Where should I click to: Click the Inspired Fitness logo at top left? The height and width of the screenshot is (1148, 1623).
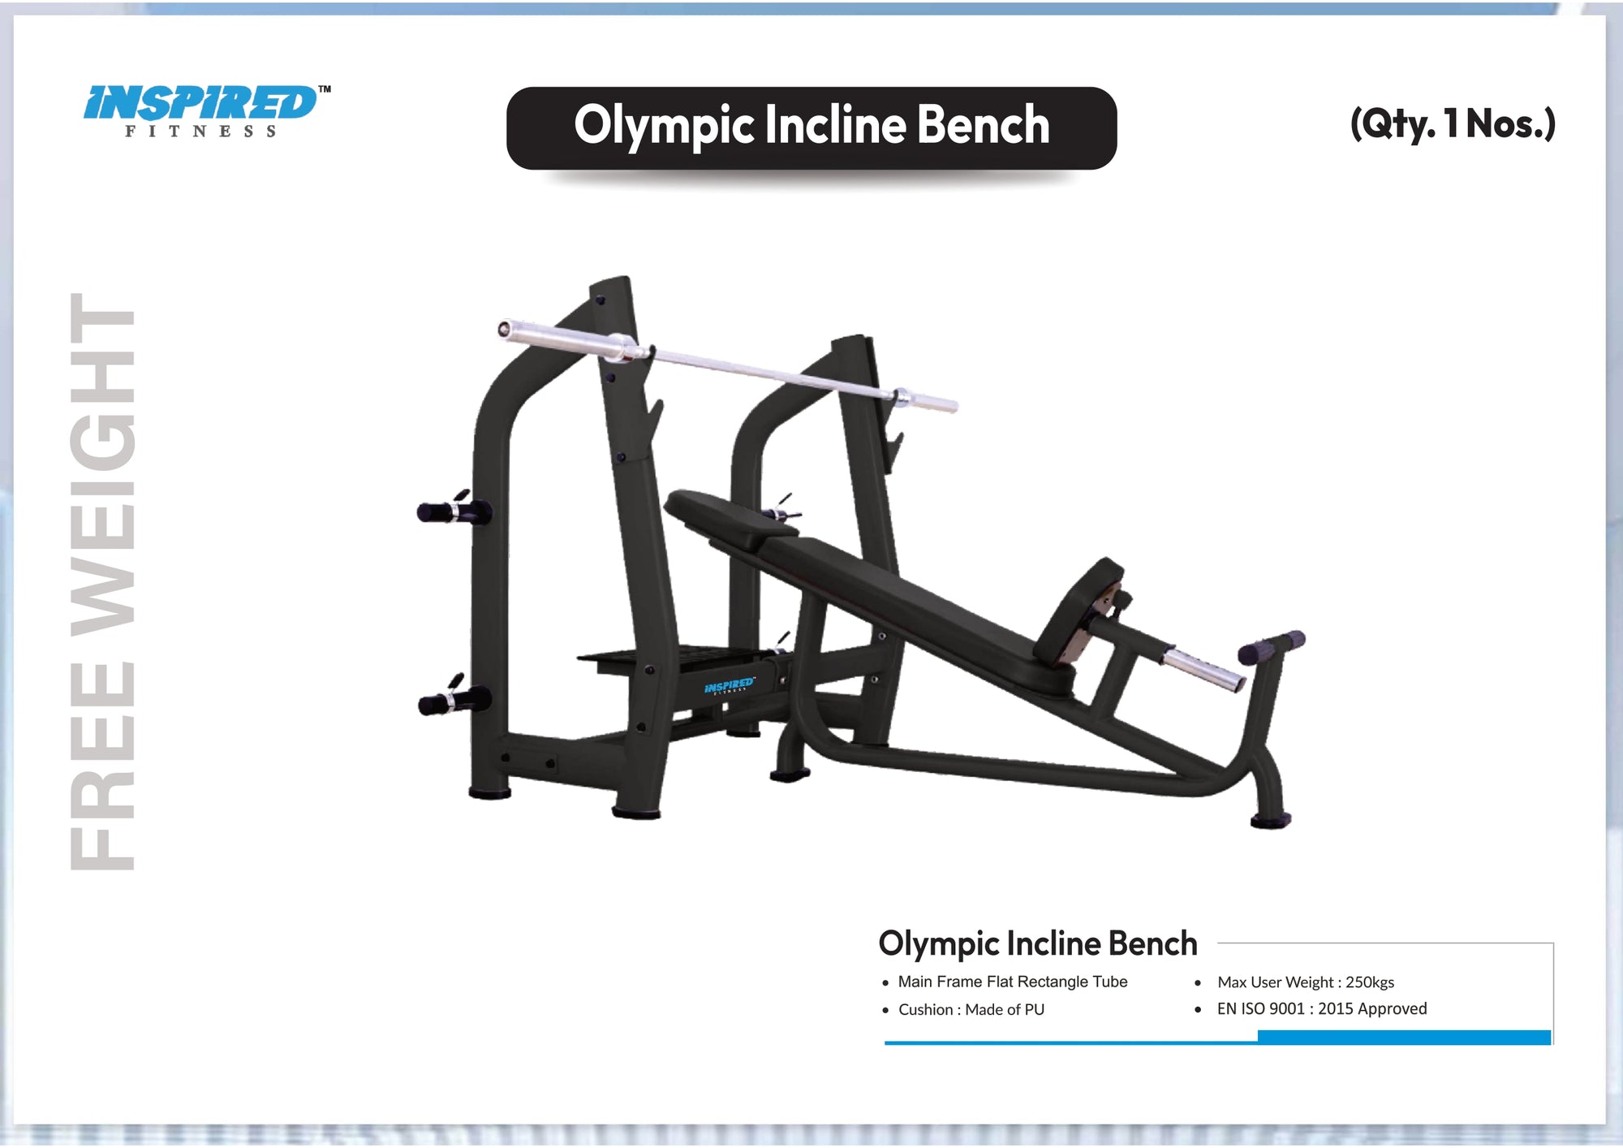pyautogui.click(x=203, y=110)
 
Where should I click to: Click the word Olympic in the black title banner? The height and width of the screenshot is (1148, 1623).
pyautogui.click(x=664, y=126)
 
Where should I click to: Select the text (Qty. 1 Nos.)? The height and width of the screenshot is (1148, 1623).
pyautogui.click(x=1452, y=123)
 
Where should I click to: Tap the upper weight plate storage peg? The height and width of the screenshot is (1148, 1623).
pyautogui.click(x=451, y=511)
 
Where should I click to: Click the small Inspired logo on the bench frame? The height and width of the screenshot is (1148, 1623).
pyautogui.click(x=729, y=686)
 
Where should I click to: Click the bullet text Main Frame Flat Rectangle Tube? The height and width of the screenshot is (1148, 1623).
pyautogui.click(x=1012, y=982)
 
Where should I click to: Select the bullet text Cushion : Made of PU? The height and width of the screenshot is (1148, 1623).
pyautogui.click(x=971, y=1009)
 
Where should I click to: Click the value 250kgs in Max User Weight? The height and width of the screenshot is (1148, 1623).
pyautogui.click(x=1369, y=982)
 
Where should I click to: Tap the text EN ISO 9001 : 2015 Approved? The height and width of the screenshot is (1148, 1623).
pyautogui.click(x=1321, y=1008)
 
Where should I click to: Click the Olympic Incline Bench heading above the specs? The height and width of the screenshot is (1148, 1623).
pyautogui.click(x=1037, y=943)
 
